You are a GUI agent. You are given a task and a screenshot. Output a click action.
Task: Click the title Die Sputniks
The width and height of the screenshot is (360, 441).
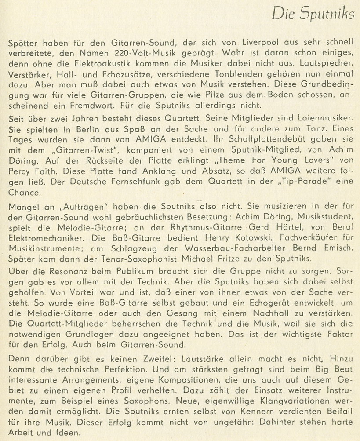coord(313,14)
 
